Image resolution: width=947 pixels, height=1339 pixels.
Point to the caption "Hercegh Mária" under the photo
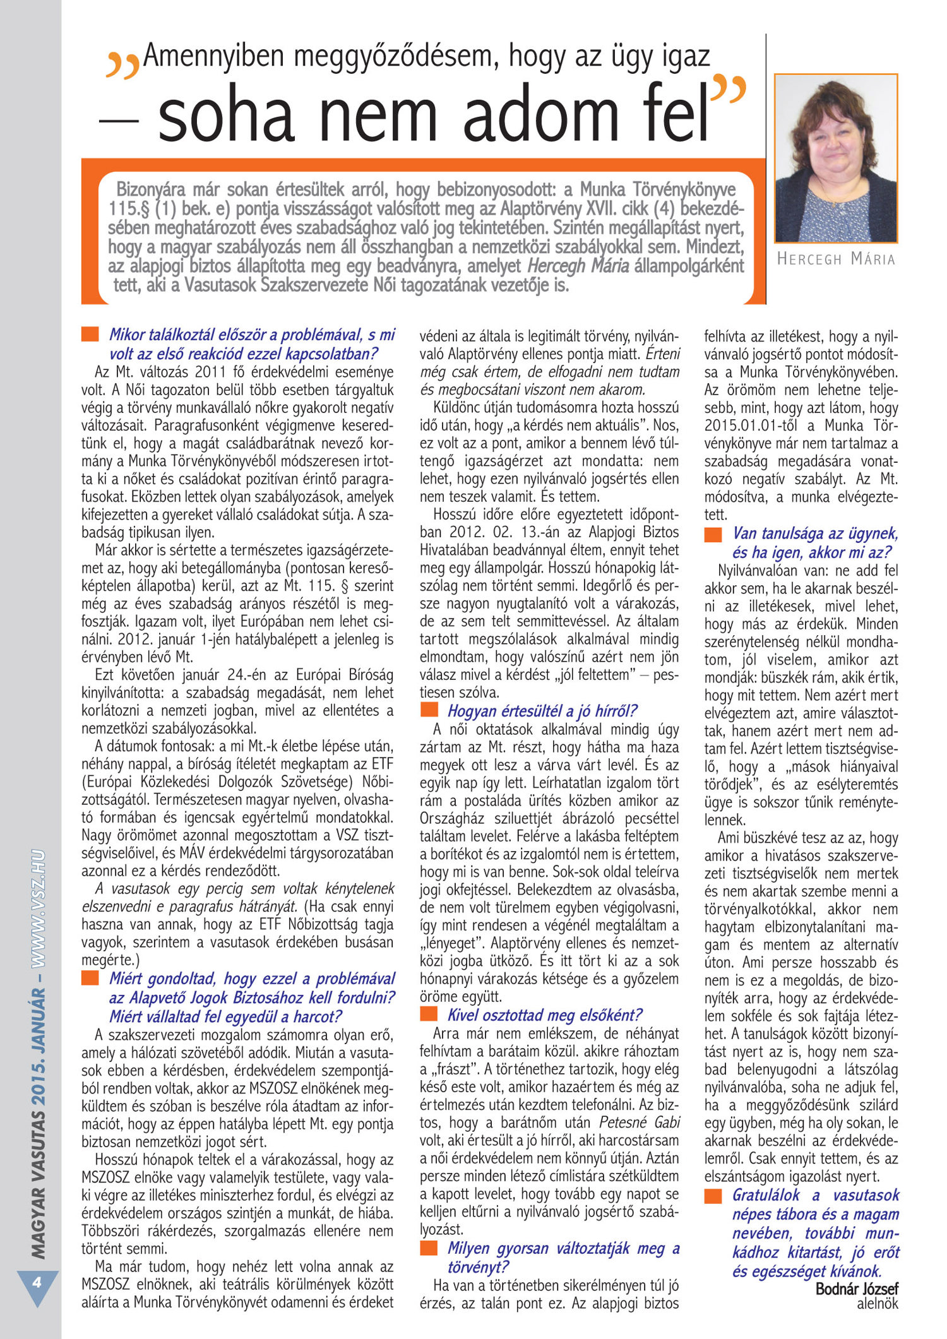click(x=835, y=259)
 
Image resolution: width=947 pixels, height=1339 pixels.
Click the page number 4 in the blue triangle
click(x=37, y=1282)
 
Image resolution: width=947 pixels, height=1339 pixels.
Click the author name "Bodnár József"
click(x=856, y=1288)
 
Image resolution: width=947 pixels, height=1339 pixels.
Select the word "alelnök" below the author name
click(x=877, y=1303)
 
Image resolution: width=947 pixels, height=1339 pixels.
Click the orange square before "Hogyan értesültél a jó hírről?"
click(x=429, y=710)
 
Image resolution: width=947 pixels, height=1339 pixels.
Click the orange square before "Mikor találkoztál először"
click(x=90, y=334)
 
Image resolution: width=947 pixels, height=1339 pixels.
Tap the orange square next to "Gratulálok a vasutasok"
click(x=713, y=1195)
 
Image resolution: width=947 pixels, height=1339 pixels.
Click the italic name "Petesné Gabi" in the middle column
click(x=639, y=1122)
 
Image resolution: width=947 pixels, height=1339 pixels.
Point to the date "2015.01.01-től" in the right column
click(x=748, y=426)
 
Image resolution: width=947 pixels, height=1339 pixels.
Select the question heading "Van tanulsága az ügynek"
click(x=815, y=533)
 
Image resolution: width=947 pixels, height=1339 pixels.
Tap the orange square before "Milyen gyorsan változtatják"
click(x=429, y=1247)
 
